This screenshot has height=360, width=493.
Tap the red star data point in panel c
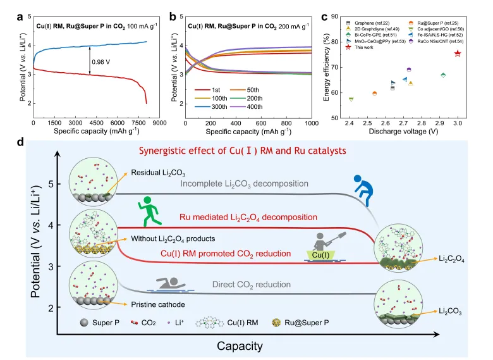[x=458, y=54]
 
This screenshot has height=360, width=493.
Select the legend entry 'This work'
[x=363, y=48]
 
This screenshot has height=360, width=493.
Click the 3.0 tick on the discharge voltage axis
[x=458, y=122]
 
